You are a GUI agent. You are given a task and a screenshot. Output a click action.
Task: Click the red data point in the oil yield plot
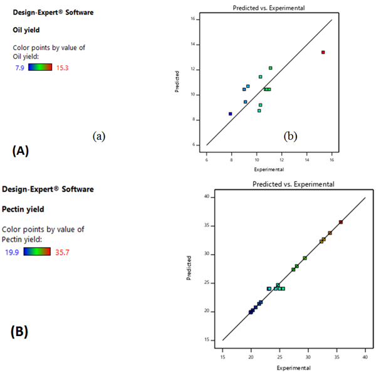click(323, 52)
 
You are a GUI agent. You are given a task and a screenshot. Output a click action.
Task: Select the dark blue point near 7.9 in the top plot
click(231, 113)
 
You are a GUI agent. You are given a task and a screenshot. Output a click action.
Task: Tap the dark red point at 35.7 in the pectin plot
click(341, 222)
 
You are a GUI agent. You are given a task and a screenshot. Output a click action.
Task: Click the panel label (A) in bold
click(20, 150)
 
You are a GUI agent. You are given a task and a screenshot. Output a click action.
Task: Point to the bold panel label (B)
click(19, 331)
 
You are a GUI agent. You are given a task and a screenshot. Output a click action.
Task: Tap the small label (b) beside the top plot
click(290, 135)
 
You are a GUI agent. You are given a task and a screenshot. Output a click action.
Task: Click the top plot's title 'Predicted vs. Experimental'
click(269, 7)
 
